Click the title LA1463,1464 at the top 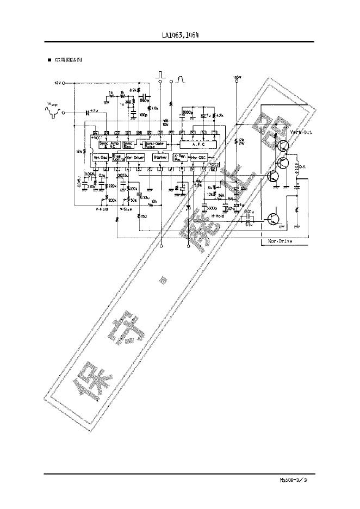click(180, 35)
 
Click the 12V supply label click(58, 83)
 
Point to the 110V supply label click(236, 78)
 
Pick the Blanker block click(160, 157)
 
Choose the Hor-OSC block click(198, 157)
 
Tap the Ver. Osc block click(101, 157)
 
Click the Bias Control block click(119, 158)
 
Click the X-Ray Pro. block click(179, 157)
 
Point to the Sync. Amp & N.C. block click(109, 144)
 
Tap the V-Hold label click(102, 208)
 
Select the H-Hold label click(218, 216)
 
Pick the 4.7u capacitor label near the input click(93, 110)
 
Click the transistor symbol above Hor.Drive click(274, 219)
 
